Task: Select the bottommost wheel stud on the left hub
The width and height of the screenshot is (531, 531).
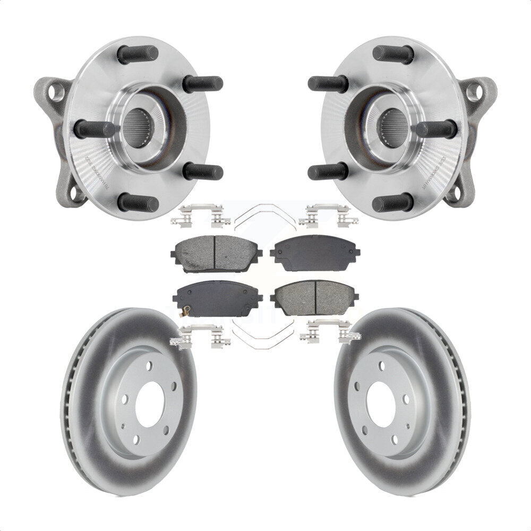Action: [138, 202]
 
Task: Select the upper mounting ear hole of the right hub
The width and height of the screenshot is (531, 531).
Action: [474, 92]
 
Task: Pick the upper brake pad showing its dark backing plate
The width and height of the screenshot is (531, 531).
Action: [314, 253]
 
